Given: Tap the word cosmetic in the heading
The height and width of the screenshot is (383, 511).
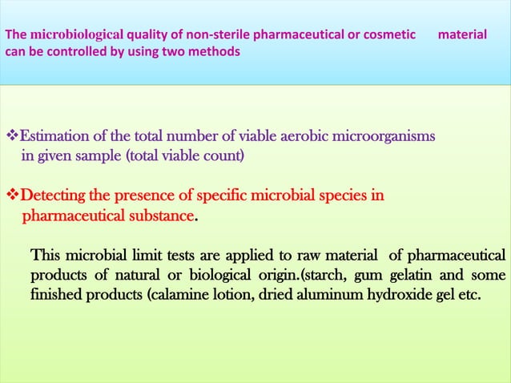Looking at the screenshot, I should click(x=388, y=35).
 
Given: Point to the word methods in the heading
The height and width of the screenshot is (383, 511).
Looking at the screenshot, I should click(x=216, y=51).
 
